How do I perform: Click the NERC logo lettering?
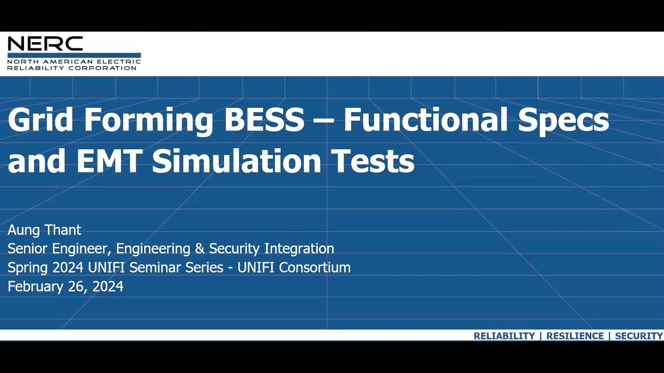45,44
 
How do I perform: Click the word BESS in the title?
264,120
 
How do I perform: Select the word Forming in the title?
148,121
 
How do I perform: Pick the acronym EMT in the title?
109,161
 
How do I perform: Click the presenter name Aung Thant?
45,230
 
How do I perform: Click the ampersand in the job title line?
200,249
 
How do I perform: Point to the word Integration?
299,249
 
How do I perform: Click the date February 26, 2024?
65,286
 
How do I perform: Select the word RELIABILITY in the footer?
504,336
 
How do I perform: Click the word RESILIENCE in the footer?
575,336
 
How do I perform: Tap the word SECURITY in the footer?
639,336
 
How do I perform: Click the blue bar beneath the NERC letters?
74,55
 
